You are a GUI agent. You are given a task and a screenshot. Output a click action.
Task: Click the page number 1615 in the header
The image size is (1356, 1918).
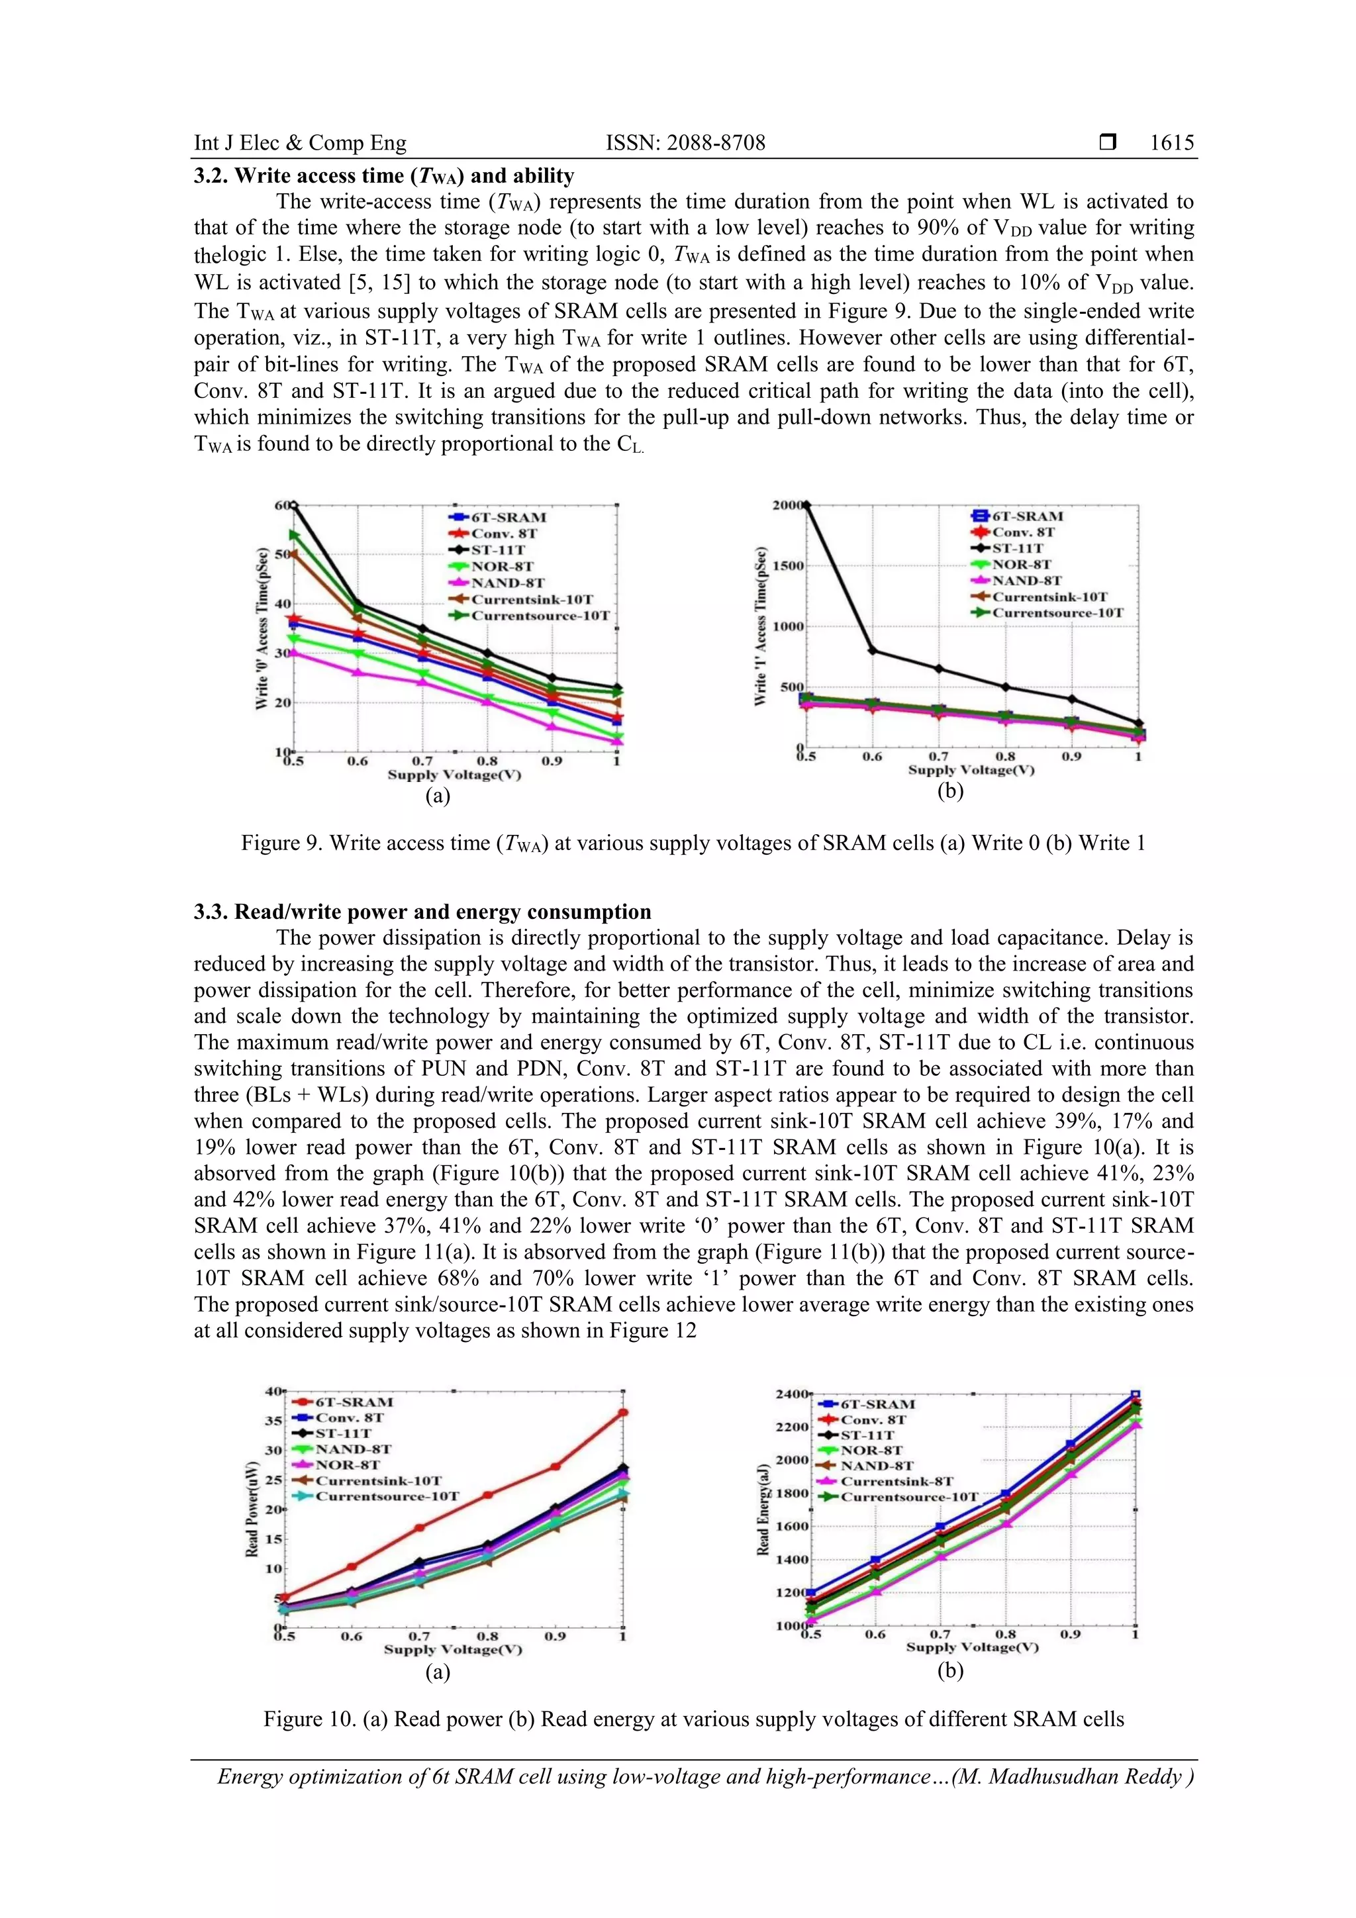[x=1171, y=143]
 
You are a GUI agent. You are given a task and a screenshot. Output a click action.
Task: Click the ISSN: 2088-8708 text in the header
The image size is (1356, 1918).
[x=685, y=143]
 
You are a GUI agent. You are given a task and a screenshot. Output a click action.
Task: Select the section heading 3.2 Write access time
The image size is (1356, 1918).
[x=383, y=175]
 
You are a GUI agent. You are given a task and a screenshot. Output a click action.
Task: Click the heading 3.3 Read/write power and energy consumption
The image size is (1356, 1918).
[x=422, y=912]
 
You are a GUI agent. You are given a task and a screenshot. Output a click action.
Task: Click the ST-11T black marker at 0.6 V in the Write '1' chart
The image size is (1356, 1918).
[x=872, y=651]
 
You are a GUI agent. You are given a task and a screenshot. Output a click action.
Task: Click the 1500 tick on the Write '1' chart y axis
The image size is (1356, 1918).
[x=788, y=565]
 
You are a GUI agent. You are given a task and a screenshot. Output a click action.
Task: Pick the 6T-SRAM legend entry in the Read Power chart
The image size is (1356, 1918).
[x=354, y=1402]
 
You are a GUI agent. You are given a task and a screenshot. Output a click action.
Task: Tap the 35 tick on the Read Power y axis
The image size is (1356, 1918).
[x=273, y=1421]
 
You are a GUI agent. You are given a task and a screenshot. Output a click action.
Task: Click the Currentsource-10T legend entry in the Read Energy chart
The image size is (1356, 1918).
[x=908, y=1497]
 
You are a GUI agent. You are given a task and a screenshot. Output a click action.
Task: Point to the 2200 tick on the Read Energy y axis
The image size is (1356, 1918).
[x=792, y=1427]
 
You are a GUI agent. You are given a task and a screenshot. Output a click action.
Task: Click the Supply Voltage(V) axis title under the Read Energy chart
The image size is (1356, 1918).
[x=972, y=1647]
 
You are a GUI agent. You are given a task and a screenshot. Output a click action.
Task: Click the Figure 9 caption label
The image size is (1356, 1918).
[x=280, y=843]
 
